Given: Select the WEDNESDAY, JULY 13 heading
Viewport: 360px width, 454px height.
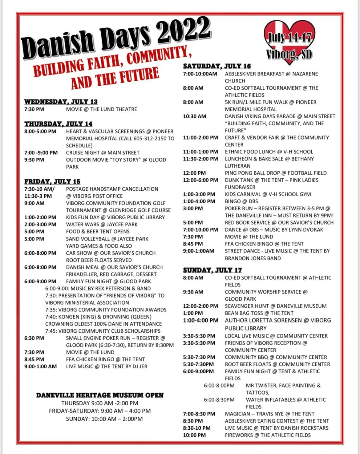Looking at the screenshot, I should click(x=61, y=102).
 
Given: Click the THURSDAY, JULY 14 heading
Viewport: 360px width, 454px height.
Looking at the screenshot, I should click(x=58, y=124).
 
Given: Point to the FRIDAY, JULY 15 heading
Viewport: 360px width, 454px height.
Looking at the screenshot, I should click(x=52, y=181).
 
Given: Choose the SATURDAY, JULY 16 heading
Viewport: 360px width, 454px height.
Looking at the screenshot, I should click(x=217, y=66).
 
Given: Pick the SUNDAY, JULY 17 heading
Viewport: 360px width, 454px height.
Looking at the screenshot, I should click(x=212, y=270).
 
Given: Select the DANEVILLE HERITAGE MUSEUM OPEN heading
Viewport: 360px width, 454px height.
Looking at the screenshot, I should click(x=100, y=395).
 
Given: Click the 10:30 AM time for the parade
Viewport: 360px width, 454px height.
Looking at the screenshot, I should click(x=195, y=116).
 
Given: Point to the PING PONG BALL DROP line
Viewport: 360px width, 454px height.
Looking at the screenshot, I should click(x=276, y=173).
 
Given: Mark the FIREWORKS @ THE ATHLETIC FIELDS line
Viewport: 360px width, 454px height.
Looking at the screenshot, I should click(x=268, y=435).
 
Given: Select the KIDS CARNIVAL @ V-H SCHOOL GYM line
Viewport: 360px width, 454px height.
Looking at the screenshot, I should click(x=268, y=194).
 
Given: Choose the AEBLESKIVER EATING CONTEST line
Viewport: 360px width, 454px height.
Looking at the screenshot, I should click(x=277, y=421).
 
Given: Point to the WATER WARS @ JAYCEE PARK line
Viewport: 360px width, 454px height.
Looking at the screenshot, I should click(x=102, y=225).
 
